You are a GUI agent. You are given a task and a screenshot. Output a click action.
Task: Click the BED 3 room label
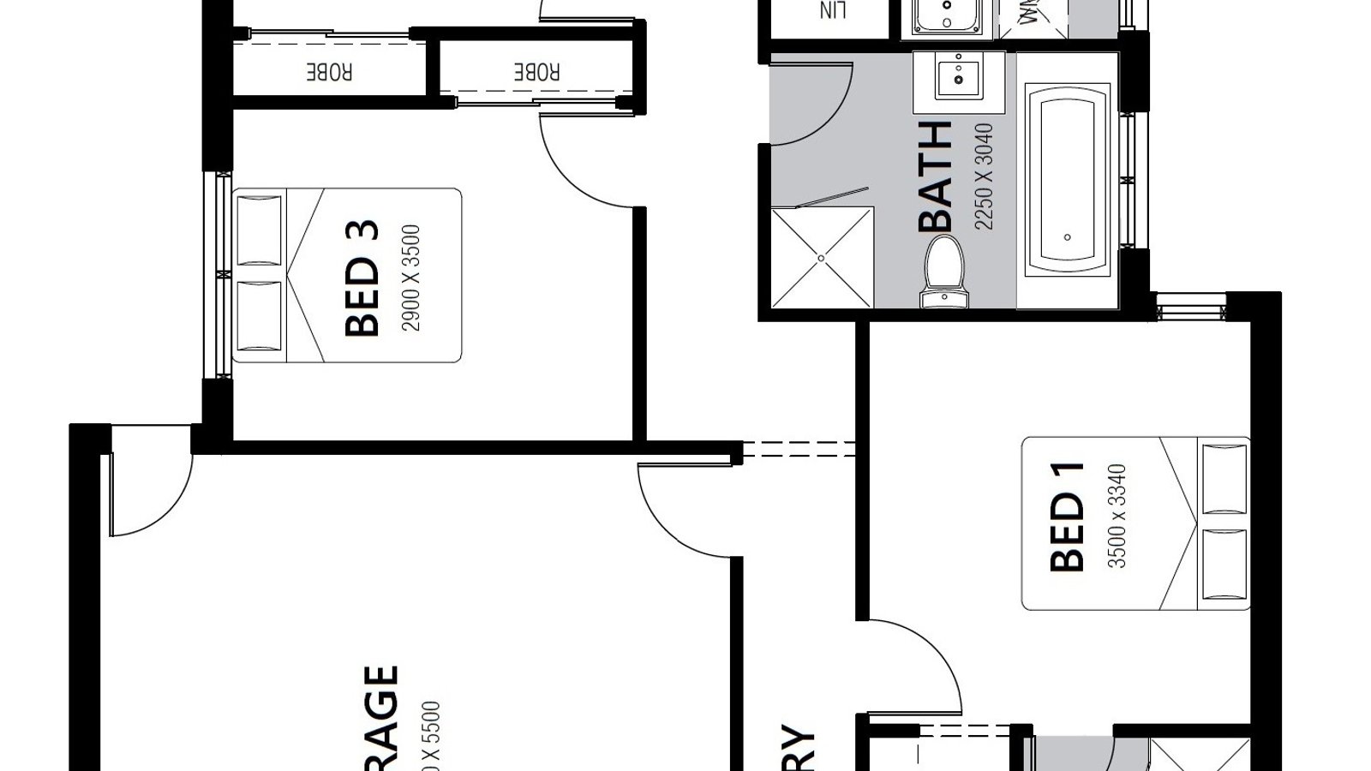point(362,278)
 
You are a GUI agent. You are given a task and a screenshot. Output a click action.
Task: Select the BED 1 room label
point(1068,517)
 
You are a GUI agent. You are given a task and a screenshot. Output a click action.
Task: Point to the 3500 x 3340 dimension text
point(1117,517)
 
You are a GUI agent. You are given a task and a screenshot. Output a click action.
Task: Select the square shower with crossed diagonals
point(822,257)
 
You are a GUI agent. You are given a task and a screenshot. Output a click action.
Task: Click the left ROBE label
point(330,72)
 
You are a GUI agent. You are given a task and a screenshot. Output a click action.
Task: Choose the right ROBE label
point(537,72)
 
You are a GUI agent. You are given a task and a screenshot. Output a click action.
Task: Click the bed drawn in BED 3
point(347,275)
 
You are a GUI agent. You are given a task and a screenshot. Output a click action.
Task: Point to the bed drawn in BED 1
point(1136,523)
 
